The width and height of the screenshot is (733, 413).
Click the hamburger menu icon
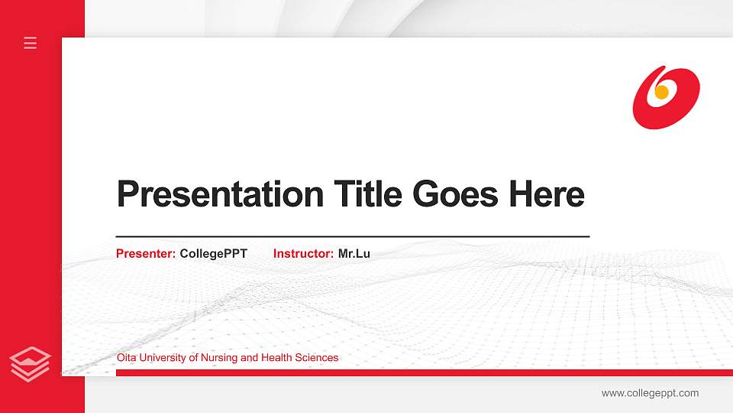pos(31,43)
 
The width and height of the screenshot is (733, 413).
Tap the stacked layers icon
pos(31,363)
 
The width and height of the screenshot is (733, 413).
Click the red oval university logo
pos(666,97)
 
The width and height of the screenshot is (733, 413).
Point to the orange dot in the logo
pos(662,92)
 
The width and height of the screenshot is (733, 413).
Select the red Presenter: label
pos(146,254)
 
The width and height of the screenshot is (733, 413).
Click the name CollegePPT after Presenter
pos(214,254)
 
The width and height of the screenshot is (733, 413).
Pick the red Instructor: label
pos(303,254)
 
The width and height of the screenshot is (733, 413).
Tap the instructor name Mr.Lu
pos(354,254)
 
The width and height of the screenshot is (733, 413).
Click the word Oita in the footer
pos(126,358)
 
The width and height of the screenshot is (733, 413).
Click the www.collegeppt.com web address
pos(650,393)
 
